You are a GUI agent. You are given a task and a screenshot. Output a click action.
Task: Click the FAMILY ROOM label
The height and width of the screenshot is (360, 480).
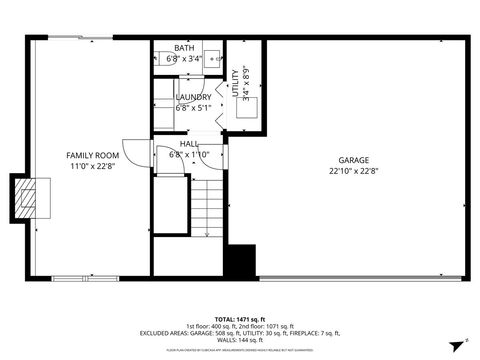click(93, 156)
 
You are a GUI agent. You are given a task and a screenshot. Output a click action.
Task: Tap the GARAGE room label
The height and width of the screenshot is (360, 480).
click(355, 160)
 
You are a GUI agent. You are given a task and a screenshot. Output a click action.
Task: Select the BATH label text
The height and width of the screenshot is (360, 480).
click(184, 48)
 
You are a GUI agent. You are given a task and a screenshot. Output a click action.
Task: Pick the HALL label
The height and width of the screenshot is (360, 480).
click(189, 144)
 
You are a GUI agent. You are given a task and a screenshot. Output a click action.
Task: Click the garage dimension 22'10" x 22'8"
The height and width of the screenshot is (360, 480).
click(355, 171)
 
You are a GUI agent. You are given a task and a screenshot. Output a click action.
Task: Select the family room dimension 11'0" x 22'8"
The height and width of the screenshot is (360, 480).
click(93, 167)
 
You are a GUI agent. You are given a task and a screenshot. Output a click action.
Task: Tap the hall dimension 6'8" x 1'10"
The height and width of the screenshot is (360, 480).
click(189, 155)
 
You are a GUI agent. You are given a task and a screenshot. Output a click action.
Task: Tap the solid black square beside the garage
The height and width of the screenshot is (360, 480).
click(241, 259)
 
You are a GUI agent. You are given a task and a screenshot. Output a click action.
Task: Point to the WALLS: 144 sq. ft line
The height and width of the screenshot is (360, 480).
click(240, 341)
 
